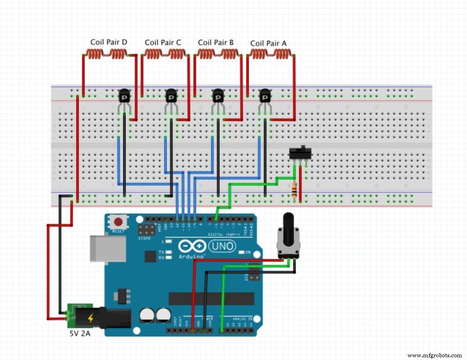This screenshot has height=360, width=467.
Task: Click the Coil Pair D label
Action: pyautogui.click(x=109, y=42)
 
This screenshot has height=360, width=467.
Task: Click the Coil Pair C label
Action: pyautogui.click(x=163, y=43)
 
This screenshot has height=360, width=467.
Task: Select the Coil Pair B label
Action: pyautogui.click(x=216, y=43)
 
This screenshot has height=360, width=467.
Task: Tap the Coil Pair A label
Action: pyautogui.click(x=269, y=44)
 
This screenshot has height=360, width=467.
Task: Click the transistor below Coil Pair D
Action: pyautogui.click(x=124, y=97)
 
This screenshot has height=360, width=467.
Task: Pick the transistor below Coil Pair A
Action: pyautogui.click(x=265, y=97)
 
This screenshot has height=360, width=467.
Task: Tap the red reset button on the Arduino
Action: pyautogui.click(x=119, y=222)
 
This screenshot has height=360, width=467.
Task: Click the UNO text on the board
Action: pyautogui.click(x=223, y=247)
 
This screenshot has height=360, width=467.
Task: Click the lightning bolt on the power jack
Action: pyautogui.click(x=90, y=318)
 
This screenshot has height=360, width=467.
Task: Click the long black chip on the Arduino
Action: pyautogui.click(x=211, y=298)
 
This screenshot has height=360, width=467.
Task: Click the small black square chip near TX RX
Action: pyautogui.click(x=150, y=257)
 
